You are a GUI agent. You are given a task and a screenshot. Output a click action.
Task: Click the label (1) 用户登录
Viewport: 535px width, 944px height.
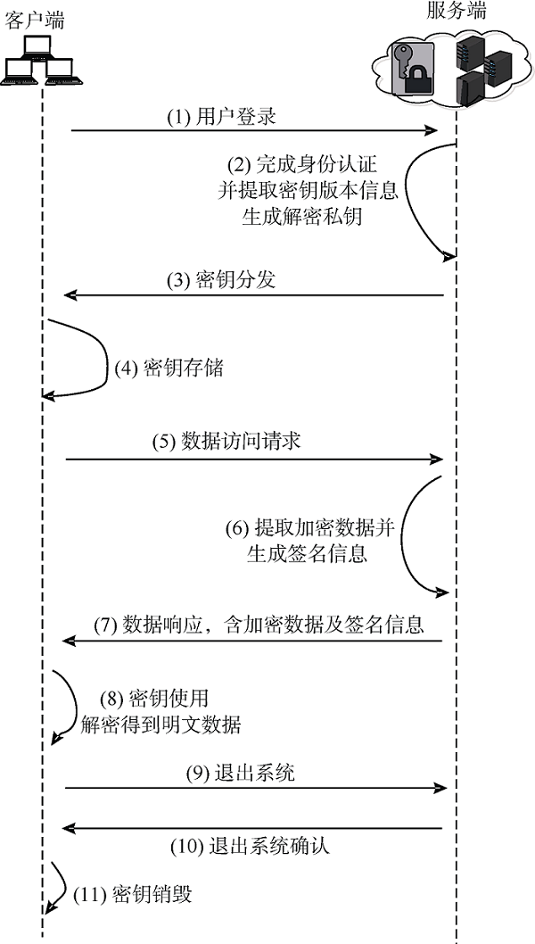[221, 116]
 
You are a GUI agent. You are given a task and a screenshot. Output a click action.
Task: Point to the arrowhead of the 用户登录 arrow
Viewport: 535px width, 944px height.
[430, 130]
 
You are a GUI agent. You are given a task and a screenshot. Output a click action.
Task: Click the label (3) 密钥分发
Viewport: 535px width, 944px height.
[221, 280]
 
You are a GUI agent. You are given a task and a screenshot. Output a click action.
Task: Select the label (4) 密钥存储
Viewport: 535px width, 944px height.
[169, 368]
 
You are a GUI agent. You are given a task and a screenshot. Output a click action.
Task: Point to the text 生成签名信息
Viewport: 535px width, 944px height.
[307, 552]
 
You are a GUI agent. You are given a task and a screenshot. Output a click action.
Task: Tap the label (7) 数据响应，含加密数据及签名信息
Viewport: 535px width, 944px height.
[259, 625]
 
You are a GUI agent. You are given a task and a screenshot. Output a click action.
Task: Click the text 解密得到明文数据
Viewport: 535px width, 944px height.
[160, 725]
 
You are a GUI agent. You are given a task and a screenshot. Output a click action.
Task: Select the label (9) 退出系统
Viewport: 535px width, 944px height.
[240, 773]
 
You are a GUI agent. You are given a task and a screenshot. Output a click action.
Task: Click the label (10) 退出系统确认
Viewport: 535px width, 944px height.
[251, 846]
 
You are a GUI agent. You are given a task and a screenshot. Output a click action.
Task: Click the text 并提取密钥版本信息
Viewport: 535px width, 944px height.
[309, 190]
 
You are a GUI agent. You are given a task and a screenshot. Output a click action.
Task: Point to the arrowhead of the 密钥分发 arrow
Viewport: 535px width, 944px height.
[71, 295]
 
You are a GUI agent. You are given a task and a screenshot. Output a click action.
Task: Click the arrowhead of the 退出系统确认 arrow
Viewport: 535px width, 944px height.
[70, 828]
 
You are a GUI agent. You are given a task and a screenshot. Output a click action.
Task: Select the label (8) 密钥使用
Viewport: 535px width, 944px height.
[154, 699]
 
